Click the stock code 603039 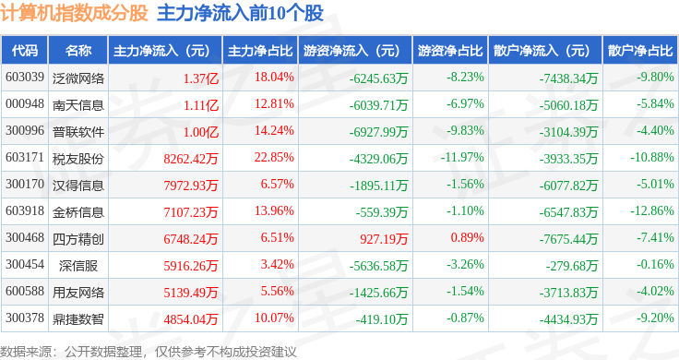(x=25, y=78)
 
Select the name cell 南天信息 (x=78, y=105)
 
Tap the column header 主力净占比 (x=260, y=51)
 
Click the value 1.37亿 (x=201, y=78)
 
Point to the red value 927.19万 (x=384, y=239)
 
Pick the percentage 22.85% (x=274, y=157)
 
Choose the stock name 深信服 (x=78, y=266)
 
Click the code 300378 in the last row (x=25, y=318)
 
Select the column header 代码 (x=25, y=51)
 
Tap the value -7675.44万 (x=568, y=239)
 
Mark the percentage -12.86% (x=652, y=211)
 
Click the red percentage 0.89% (x=467, y=237)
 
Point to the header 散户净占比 (x=640, y=51)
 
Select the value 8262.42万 (x=191, y=159)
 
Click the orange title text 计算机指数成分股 (x=74, y=13)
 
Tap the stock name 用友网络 (x=78, y=293)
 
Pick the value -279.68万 (x=572, y=266)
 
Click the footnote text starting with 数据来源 (x=149, y=352)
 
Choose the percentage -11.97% (x=462, y=157)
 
